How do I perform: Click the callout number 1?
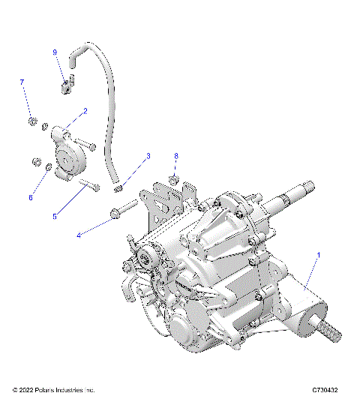click(x=319, y=255)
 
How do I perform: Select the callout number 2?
click(x=85, y=110)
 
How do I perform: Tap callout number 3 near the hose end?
click(x=148, y=156)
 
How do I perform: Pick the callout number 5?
click(x=54, y=217)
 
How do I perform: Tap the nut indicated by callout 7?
click(x=31, y=120)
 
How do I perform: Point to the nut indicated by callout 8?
click(x=172, y=180)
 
